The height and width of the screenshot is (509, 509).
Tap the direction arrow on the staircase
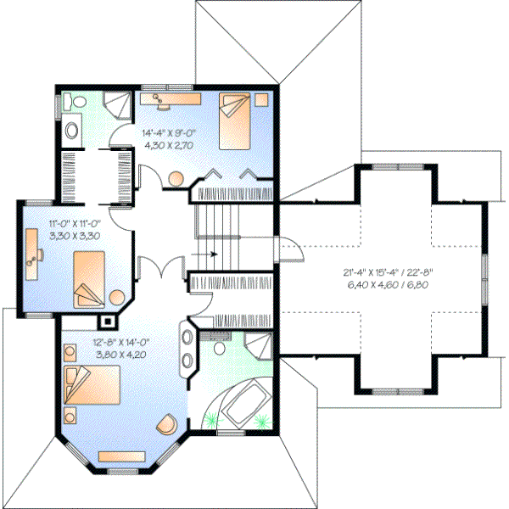pos(208,253)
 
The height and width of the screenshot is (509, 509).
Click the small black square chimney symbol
pos(107,322)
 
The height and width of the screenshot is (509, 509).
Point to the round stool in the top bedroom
pos(176,179)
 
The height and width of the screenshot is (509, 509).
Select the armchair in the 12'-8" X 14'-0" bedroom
pos(171,422)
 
